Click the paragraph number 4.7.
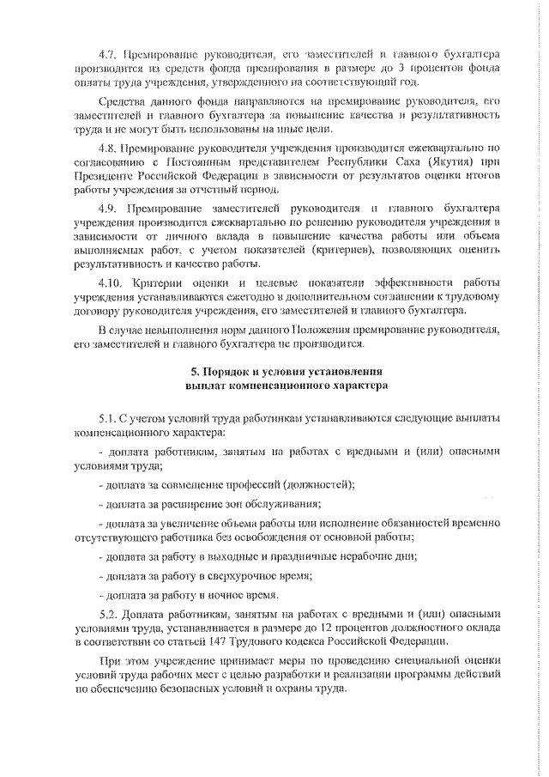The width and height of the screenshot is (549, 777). [x=109, y=53]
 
